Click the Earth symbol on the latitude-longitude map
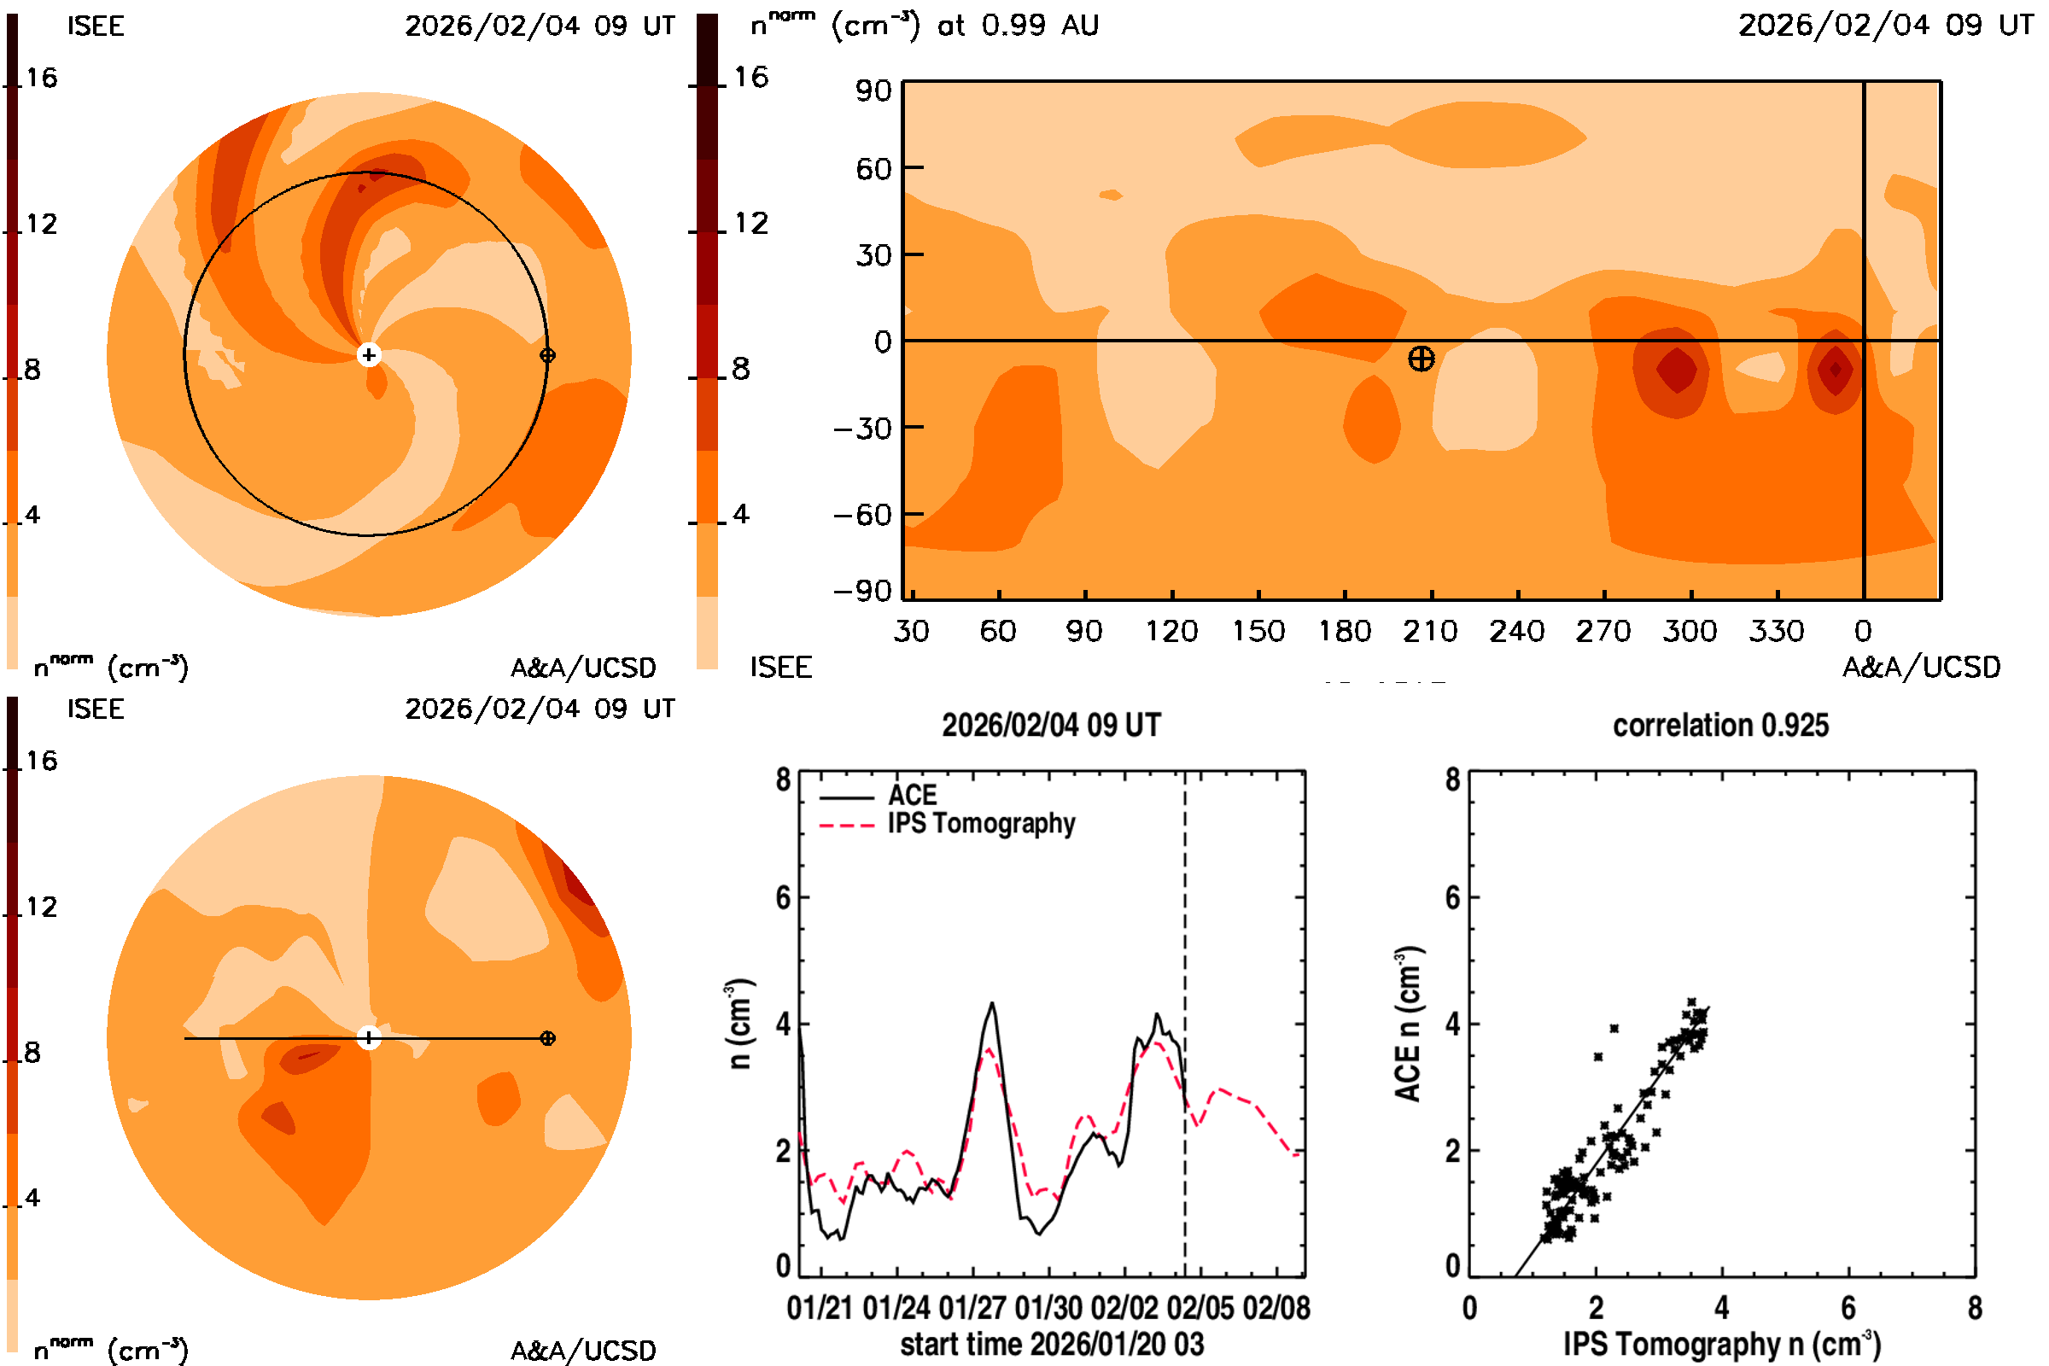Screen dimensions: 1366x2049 coord(1421,358)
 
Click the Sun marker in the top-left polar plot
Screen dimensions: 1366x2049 coord(369,354)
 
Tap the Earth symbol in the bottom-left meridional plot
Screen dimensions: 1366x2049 coord(547,1037)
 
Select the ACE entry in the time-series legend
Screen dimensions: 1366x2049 coord(911,796)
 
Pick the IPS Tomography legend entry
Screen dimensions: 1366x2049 coord(980,823)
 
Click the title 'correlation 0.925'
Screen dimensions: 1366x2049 coord(1719,726)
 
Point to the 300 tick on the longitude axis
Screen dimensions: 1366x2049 coord(1690,631)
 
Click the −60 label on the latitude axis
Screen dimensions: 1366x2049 coord(861,515)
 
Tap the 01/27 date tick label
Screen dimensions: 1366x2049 coord(972,1308)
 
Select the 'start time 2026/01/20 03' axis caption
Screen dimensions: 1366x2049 coord(1052,1344)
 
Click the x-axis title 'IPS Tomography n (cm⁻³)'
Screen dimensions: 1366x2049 coord(1721,1344)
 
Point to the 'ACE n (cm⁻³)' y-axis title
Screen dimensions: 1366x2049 coord(1408,1024)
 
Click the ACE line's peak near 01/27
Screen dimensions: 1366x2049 coord(992,1004)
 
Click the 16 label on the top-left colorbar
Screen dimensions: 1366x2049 coord(41,79)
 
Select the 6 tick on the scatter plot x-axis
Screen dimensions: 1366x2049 coord(1848,1308)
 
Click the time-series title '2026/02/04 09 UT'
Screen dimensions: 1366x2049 coord(1051,726)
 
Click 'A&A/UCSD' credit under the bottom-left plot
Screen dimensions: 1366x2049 coord(583,1351)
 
